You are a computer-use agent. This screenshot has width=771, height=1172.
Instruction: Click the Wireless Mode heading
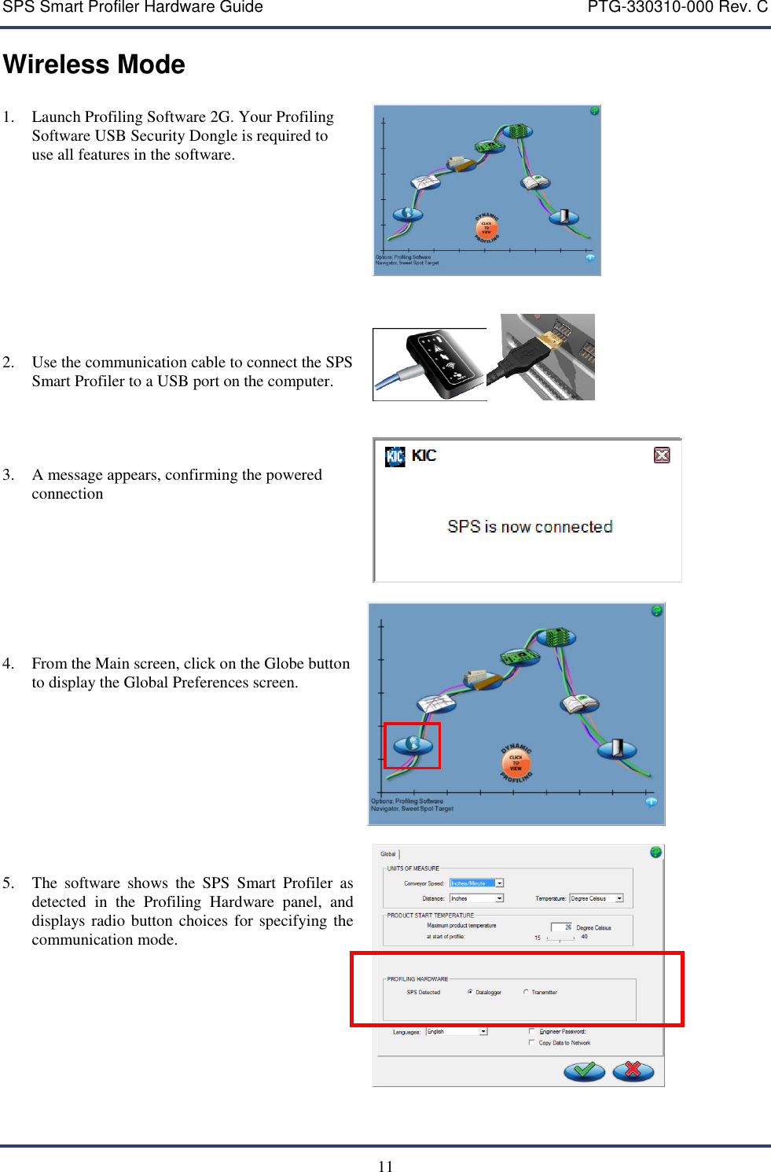(x=94, y=64)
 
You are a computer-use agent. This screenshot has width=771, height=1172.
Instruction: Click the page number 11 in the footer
(x=385, y=1166)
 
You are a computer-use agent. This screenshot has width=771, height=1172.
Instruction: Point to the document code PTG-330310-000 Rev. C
(x=677, y=8)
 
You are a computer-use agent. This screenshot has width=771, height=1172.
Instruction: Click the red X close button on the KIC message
(x=662, y=455)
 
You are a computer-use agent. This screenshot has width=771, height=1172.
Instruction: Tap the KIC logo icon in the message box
(x=395, y=456)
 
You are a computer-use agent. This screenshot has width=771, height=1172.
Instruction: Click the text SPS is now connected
(x=530, y=527)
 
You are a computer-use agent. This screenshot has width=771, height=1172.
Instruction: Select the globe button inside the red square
(x=412, y=745)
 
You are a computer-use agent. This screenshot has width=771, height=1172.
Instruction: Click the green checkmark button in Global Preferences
(x=584, y=1071)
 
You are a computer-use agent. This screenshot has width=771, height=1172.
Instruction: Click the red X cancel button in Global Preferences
(x=633, y=1071)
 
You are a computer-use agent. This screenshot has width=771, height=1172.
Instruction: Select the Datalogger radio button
(x=470, y=992)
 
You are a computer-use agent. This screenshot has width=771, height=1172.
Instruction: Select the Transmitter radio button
(x=526, y=992)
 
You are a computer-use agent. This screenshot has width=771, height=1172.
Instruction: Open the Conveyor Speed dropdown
(x=500, y=883)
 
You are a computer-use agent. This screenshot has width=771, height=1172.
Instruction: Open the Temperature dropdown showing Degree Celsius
(x=619, y=898)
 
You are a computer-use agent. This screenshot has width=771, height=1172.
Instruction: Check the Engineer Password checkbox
(x=532, y=1031)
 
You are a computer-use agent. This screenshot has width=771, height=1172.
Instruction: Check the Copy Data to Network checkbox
(x=532, y=1043)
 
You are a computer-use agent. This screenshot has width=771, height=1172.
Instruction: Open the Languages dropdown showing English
(x=483, y=1031)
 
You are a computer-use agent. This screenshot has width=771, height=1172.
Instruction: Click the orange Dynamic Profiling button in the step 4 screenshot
(x=516, y=762)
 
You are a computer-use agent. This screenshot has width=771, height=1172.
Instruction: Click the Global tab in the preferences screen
(x=388, y=854)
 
